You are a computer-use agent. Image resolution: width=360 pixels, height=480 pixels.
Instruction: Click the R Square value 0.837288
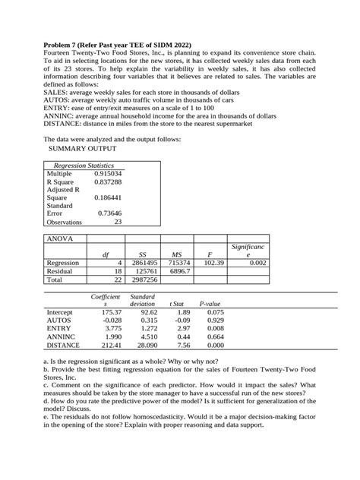click(107, 182)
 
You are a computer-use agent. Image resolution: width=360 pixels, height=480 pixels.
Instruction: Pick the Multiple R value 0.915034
click(107, 174)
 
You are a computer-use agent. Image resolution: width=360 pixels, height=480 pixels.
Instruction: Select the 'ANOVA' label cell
click(60, 238)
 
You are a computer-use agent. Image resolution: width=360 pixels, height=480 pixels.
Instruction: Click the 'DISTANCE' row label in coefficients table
click(65, 344)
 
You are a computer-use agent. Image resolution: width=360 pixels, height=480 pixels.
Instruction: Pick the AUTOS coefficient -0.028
click(112, 320)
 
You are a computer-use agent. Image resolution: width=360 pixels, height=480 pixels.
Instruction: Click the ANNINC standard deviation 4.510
click(150, 336)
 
